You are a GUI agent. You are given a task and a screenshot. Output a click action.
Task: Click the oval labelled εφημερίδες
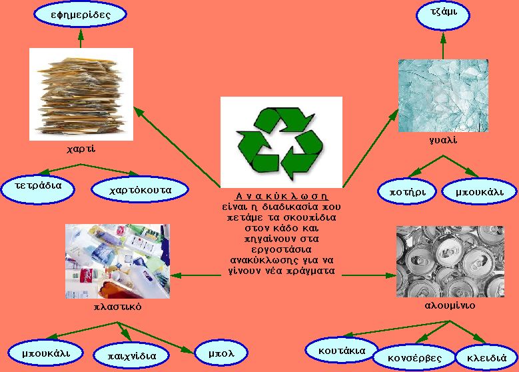click(80, 14)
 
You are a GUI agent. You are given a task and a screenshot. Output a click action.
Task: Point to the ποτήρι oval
click(406, 192)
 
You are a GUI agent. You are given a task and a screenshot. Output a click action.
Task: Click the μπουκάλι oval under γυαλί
click(479, 192)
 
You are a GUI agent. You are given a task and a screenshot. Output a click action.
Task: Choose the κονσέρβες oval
click(416, 357)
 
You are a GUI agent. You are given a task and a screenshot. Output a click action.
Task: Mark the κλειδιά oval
click(486, 357)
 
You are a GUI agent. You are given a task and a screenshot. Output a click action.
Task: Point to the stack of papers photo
click(81, 94)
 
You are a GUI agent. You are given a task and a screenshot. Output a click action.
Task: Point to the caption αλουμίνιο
click(449, 305)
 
